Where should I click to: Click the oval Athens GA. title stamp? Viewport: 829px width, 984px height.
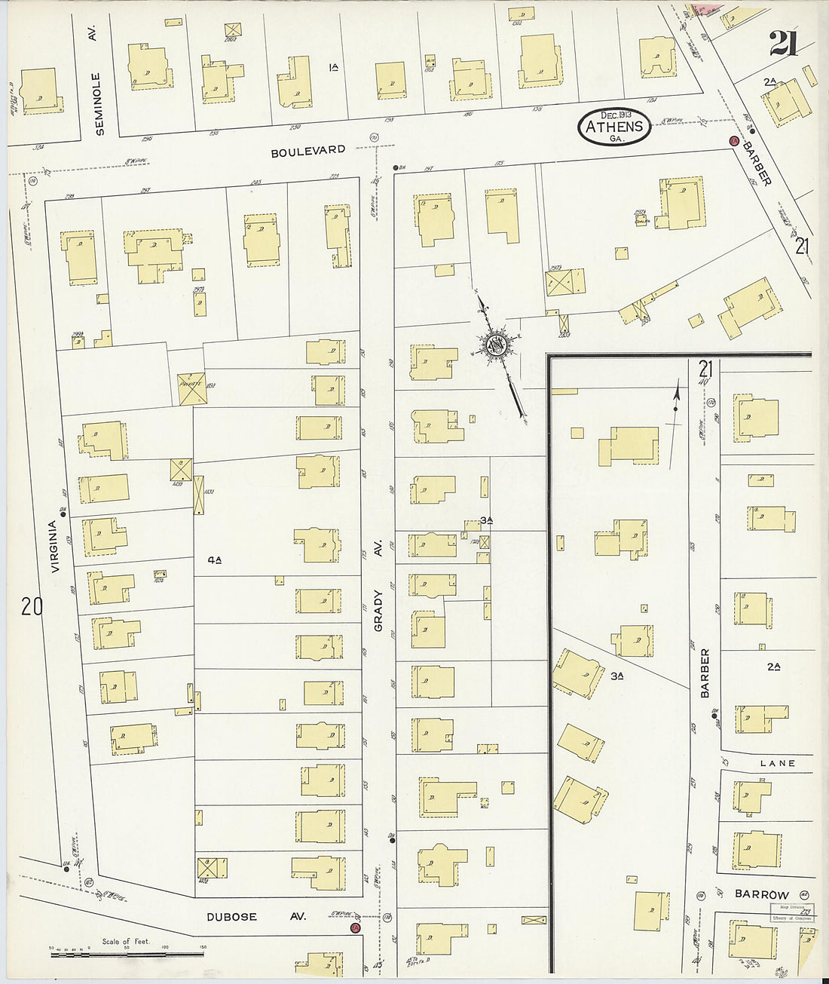[615, 127]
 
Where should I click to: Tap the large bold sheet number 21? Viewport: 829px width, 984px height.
[783, 44]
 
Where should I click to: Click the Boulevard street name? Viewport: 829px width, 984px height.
[308, 152]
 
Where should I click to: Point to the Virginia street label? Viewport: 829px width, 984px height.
[54, 547]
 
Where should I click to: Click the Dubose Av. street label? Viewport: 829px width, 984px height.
[256, 916]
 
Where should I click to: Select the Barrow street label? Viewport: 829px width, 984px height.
[761, 894]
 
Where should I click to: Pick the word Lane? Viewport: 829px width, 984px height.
[777, 763]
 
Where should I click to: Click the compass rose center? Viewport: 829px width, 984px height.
[496, 345]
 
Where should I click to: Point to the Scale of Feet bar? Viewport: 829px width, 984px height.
[127, 954]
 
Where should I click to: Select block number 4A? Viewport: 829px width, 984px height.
[215, 559]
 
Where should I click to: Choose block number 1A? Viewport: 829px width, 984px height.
[333, 67]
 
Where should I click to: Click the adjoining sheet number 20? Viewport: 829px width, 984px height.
[32, 605]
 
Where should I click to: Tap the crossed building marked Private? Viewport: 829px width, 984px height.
[191, 389]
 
